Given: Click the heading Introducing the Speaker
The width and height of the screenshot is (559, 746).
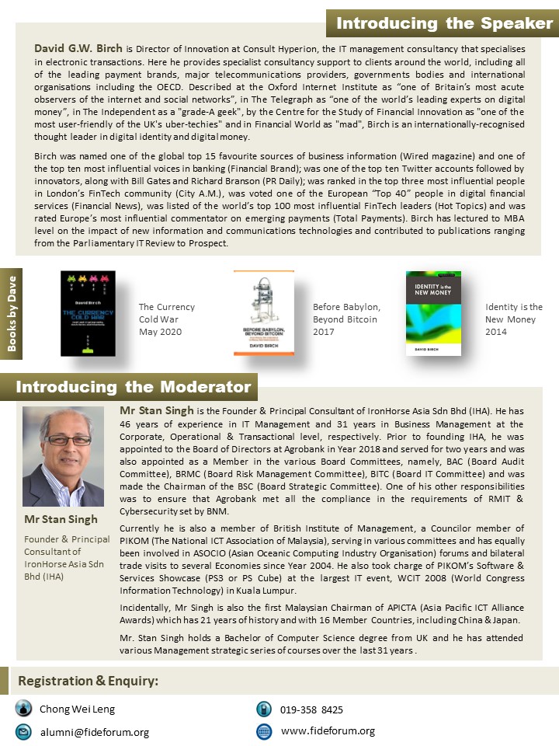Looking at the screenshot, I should tap(443, 23).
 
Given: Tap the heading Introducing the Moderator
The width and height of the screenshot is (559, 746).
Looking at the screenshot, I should tap(134, 386).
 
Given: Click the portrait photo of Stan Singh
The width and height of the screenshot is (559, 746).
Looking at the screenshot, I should tap(63, 456).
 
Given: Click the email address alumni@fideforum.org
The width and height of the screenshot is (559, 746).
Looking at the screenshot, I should tap(95, 732).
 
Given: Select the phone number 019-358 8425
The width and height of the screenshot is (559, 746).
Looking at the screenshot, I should tap(312, 709).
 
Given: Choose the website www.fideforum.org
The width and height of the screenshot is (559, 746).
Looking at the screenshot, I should tap(328, 730).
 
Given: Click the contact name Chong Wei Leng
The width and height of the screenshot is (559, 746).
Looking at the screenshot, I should tap(77, 709).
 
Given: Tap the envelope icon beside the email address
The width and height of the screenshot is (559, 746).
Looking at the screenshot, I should tap(24, 731).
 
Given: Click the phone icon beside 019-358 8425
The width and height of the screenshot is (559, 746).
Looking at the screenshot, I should tap(264, 709).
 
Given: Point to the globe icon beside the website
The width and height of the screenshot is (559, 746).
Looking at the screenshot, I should tap(264, 731).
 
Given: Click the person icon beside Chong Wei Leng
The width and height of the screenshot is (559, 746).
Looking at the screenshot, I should tap(24, 709).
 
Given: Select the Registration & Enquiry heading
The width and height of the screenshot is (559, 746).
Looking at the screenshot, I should tap(89, 681).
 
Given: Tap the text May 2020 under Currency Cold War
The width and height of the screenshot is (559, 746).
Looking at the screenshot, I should tap(160, 332).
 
